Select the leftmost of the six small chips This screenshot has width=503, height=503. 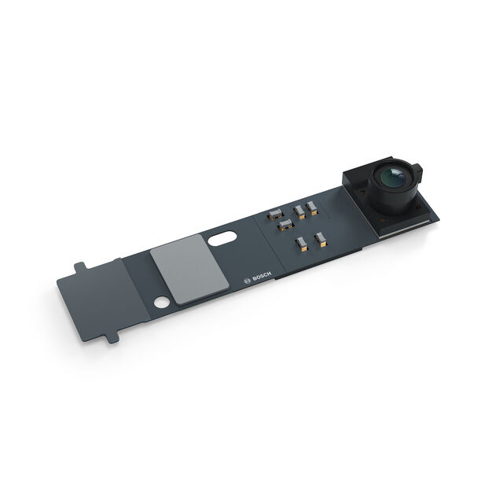276,215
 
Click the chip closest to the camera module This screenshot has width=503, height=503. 312,207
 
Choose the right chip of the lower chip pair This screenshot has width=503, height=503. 320,237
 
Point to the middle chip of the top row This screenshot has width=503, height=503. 299,211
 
